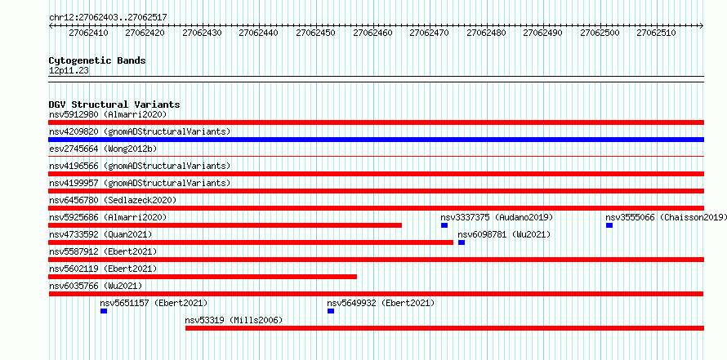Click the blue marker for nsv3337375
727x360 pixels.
pyautogui.click(x=444, y=225)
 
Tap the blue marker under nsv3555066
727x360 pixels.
pyautogui.click(x=609, y=225)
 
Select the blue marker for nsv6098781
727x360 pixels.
pyautogui.click(x=462, y=242)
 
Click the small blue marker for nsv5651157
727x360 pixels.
pyautogui.click(x=104, y=311)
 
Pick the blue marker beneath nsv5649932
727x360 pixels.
pyautogui.click(x=331, y=311)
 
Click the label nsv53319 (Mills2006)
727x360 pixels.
pyautogui.click(x=234, y=320)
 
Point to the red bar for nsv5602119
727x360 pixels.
pyautogui.click(x=203, y=277)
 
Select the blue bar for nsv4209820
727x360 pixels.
pyautogui.click(x=376, y=140)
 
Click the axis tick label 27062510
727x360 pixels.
pyautogui.click(x=656, y=33)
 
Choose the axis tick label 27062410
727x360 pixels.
pyautogui.click(x=88, y=33)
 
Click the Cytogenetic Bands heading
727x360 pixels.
pyautogui.click(x=97, y=60)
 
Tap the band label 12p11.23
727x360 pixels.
pyautogui.click(x=69, y=71)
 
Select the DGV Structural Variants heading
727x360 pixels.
pyautogui.click(x=114, y=104)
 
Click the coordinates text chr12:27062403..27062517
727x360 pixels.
pyautogui.click(x=108, y=18)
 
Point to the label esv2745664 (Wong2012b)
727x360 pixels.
pyautogui.click(x=103, y=149)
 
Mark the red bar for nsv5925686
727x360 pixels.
pyautogui.click(x=225, y=225)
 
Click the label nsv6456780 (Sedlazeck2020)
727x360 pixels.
pyautogui.click(x=113, y=200)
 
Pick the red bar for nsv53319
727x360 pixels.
pyautogui.click(x=444, y=328)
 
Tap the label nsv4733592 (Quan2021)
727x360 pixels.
pyautogui.click(x=100, y=234)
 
